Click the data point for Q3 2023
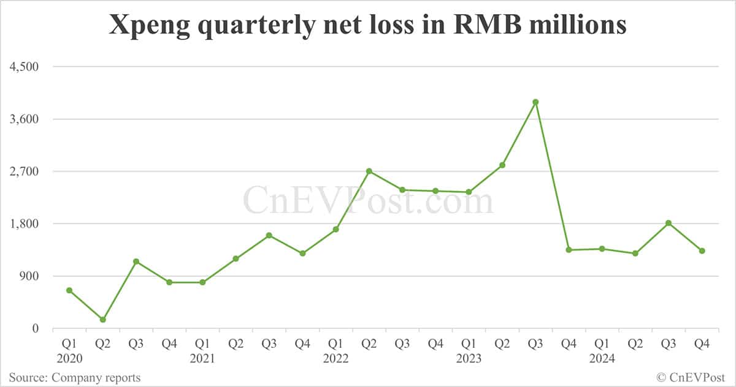(535, 102)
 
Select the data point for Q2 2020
(103, 320)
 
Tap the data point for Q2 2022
(369, 171)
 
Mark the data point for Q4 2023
(569, 250)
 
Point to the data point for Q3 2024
(669, 223)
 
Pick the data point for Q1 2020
(70, 290)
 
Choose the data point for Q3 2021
(269, 236)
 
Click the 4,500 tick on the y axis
(24, 67)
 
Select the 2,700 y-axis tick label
(24, 171)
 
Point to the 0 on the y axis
(35, 329)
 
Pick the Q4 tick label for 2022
(435, 345)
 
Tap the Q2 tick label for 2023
(502, 345)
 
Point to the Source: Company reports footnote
(74, 378)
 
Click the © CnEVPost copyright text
(691, 378)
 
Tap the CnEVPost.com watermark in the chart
(368, 201)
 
